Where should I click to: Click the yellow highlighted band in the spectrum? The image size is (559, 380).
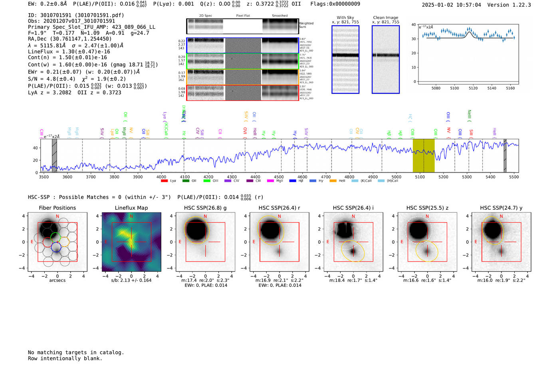(423, 156)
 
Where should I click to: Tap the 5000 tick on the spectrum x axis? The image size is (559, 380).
(396, 177)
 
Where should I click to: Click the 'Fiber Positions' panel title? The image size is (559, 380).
(57, 208)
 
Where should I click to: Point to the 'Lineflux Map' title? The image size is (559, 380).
(131, 208)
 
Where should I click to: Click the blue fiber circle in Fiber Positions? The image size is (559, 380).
(56, 247)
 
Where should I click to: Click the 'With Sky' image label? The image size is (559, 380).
(345, 18)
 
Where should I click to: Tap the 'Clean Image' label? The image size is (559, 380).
(385, 18)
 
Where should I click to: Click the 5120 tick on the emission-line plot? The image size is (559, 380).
(473, 88)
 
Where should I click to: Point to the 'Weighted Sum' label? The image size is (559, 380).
(306, 25)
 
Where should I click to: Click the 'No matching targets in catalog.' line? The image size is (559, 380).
(76, 352)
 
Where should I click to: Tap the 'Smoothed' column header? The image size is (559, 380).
(279, 16)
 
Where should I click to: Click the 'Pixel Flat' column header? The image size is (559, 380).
(243, 16)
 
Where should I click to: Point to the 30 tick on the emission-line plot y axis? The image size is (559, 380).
(414, 39)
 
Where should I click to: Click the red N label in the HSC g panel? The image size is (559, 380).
(205, 217)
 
